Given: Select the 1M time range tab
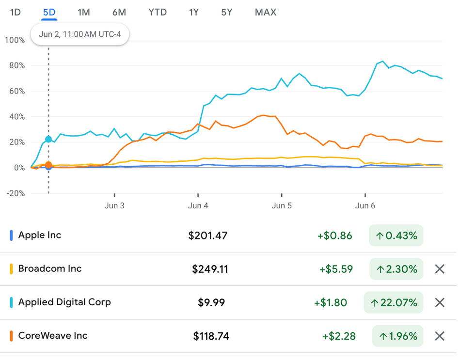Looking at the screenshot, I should [x=84, y=12].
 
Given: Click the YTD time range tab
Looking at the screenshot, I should [x=158, y=12].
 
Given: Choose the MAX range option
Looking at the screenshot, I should [x=266, y=12].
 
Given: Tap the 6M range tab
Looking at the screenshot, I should [x=119, y=12].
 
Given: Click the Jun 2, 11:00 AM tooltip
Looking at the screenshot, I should [x=80, y=34].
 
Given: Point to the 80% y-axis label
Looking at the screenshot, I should [x=15, y=65].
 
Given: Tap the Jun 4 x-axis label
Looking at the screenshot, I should [x=198, y=205].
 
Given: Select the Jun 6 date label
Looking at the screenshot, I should [x=365, y=205].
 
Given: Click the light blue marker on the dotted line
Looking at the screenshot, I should [x=48, y=140].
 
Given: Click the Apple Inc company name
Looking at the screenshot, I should [x=40, y=235].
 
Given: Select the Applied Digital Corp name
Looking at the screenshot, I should [x=64, y=302].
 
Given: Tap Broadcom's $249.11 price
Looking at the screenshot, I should [x=210, y=269].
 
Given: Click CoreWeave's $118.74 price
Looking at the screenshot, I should [x=211, y=336].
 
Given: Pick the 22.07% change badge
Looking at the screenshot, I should [x=394, y=303].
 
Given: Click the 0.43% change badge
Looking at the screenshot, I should [x=396, y=236].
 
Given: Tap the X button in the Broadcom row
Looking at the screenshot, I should [x=440, y=269].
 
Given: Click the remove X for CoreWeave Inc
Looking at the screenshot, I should [x=440, y=336].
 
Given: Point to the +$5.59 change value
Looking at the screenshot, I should [x=336, y=269].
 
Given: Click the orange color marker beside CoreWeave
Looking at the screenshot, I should [x=11, y=336].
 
